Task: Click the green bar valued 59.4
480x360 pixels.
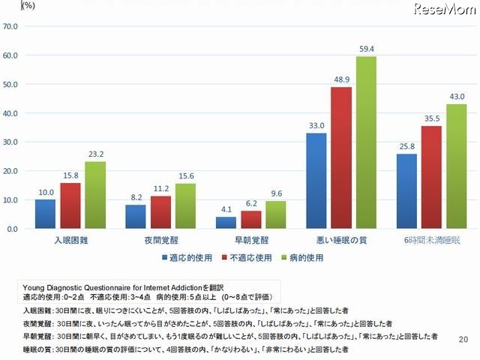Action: click(x=366, y=142)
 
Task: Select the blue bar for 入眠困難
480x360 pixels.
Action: click(x=45, y=214)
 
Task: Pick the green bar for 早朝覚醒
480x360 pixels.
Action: click(x=276, y=214)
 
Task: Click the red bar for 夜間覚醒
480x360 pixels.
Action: click(x=161, y=212)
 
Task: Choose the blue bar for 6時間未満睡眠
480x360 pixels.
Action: click(x=406, y=191)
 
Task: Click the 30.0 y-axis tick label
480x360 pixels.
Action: click(x=11, y=142)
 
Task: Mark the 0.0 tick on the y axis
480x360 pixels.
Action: click(x=13, y=229)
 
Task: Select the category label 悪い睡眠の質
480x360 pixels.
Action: click(x=341, y=242)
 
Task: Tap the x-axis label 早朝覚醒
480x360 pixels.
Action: click(x=251, y=242)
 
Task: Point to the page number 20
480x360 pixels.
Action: click(x=462, y=340)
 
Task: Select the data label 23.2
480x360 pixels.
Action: click(x=95, y=155)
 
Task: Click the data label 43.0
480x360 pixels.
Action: click(x=457, y=97)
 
